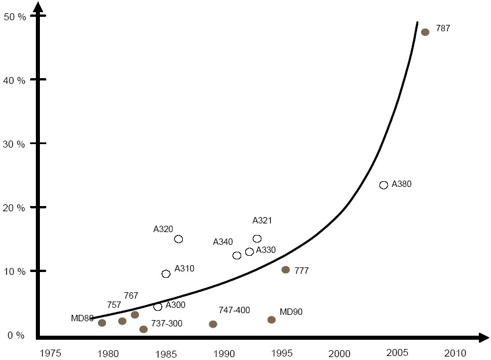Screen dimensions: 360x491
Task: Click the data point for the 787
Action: (425, 32)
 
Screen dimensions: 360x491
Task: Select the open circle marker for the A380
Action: (383, 185)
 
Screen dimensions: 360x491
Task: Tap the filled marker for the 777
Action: (285, 270)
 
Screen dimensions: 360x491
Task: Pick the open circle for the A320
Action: (179, 239)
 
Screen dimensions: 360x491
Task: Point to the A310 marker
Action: (166, 274)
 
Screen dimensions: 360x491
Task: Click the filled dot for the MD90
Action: (271, 319)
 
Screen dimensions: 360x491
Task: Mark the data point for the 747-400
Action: (213, 324)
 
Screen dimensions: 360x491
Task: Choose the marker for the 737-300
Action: (143, 329)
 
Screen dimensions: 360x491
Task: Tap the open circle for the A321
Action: (257, 238)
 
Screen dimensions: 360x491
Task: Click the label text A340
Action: (223, 241)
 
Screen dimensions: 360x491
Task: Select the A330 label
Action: (266, 250)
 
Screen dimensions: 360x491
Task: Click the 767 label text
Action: (131, 296)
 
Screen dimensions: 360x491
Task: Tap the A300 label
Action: (175, 305)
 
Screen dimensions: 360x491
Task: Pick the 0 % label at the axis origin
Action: (16, 335)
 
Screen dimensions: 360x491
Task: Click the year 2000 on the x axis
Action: (339, 352)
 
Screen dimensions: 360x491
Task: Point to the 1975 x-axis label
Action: (51, 352)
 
